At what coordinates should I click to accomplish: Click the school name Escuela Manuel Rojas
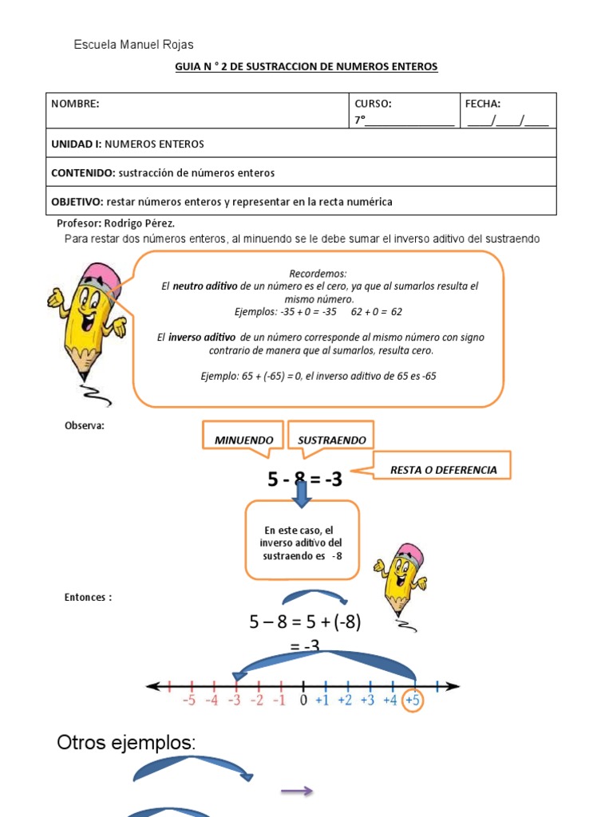133,45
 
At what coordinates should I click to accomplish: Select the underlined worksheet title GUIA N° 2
306,67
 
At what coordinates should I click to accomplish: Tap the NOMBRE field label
75,104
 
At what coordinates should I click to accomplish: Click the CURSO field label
374,104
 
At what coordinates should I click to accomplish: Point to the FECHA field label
483,104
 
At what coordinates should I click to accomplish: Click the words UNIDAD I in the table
77,144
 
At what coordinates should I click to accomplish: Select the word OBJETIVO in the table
77,202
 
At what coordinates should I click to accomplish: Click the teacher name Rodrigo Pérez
140,223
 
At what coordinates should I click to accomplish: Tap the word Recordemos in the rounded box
318,273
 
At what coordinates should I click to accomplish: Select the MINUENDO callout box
243,440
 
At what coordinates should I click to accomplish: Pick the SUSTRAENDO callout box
331,440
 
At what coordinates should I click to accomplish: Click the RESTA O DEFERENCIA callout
443,470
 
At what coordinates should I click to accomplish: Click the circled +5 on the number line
413,701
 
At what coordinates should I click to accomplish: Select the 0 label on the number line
303,701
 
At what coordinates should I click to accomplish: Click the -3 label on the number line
234,701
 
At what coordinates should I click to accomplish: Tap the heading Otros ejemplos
125,743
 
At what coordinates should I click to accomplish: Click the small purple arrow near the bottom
296,791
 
